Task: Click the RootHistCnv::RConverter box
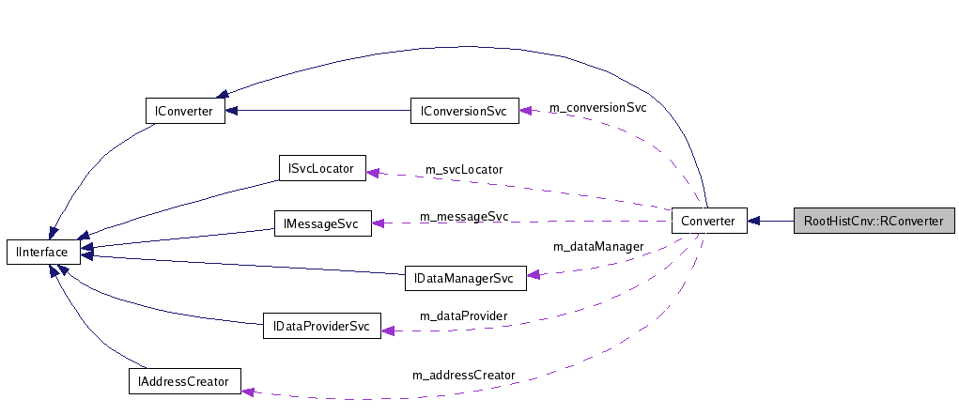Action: [874, 222]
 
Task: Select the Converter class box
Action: [709, 222]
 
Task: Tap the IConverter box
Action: [184, 111]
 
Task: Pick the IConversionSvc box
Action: [464, 111]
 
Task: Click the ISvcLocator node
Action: [322, 168]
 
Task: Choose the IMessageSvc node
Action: [322, 223]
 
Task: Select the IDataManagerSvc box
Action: [464, 278]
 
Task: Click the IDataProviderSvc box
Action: [322, 327]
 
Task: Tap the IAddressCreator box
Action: [184, 381]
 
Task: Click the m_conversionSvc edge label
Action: [598, 107]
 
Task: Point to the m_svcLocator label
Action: [464, 169]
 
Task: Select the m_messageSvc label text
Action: [464, 216]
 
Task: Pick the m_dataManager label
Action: [598, 246]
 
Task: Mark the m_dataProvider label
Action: [464, 315]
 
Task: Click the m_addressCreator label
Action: [464, 375]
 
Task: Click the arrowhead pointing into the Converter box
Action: [754, 222]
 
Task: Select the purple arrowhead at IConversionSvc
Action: [525, 110]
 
